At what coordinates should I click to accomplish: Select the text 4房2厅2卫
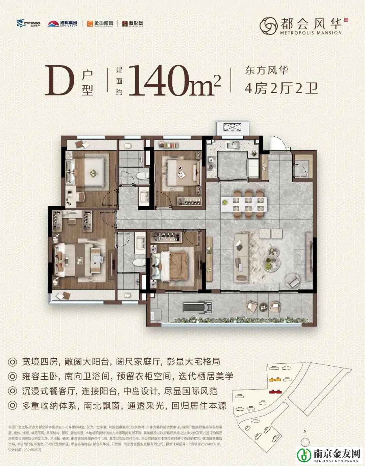[x=281, y=89]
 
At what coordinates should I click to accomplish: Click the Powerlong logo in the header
[x=29, y=23]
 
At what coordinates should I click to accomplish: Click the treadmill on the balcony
[x=198, y=308]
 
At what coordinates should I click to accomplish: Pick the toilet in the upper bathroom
[x=143, y=176]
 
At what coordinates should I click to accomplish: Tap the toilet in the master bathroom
[x=138, y=263]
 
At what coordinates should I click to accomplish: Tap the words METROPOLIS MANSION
[x=311, y=33]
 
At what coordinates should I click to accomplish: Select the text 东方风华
[x=267, y=71]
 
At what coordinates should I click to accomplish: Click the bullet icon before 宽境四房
[x=13, y=361]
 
